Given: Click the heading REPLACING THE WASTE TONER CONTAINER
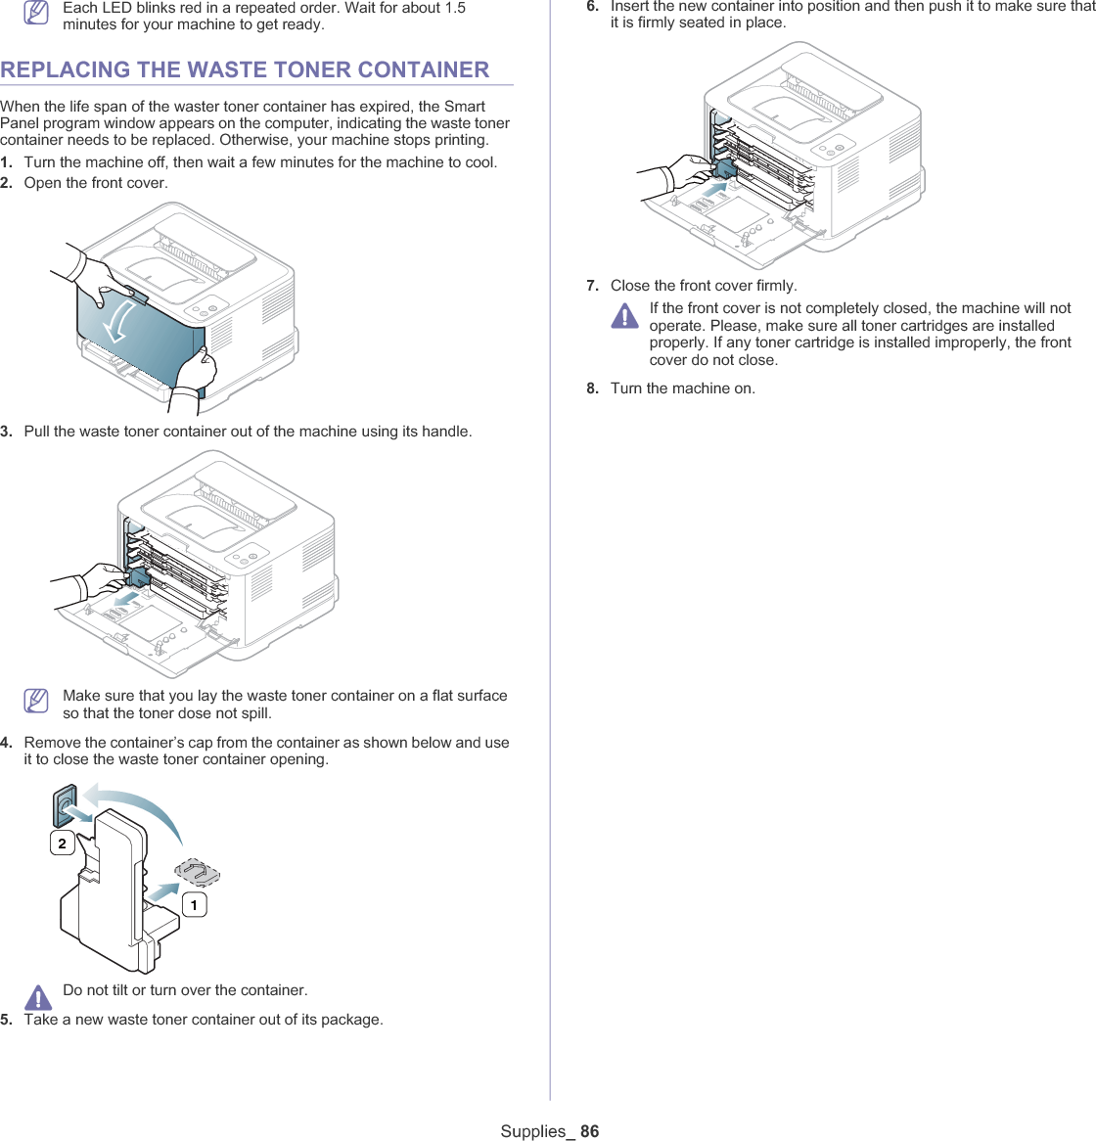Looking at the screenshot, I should [245, 69].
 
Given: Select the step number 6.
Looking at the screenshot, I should [592, 6].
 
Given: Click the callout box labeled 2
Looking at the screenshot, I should [62, 843].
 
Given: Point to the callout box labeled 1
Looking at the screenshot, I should [194, 905].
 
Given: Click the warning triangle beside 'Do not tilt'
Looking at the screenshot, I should [38, 996].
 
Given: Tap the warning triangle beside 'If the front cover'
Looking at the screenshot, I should [624, 316].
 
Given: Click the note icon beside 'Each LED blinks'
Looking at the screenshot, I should [37, 14].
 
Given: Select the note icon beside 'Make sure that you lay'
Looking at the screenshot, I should [37, 701].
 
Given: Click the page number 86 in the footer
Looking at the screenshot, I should [589, 1131].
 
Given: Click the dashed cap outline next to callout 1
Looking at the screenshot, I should [198, 873].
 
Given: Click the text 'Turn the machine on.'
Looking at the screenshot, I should [683, 388].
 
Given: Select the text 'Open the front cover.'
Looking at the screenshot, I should [96, 183].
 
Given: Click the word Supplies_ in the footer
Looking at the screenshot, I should [537, 1131].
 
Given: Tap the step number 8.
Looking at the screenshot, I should [592, 388].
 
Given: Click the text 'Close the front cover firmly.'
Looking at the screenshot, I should [704, 286].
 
